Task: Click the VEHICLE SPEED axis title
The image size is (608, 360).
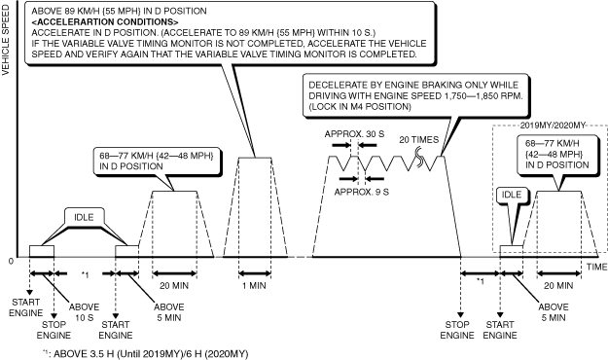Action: tap(6, 40)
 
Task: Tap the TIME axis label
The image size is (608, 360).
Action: tap(596, 267)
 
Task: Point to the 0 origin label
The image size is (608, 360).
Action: tap(11, 261)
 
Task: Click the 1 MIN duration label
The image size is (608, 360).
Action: tap(254, 285)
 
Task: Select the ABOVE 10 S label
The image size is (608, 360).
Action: tap(84, 312)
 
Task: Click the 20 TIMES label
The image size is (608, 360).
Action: tap(418, 140)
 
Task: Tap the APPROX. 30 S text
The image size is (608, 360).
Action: tap(354, 134)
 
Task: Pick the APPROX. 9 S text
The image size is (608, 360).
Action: tap(361, 192)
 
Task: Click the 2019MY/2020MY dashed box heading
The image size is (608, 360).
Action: tap(553, 126)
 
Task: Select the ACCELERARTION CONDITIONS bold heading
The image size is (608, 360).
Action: tap(105, 21)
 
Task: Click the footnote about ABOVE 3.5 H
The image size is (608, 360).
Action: tap(146, 354)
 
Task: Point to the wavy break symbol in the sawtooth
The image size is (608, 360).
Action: tap(419, 160)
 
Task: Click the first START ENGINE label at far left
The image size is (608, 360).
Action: tap(26, 307)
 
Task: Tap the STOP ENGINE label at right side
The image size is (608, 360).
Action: tap(457, 330)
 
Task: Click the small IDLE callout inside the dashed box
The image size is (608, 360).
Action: tap(512, 195)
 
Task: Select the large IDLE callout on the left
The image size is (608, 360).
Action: tap(84, 217)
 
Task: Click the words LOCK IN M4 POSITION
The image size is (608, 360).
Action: tap(360, 107)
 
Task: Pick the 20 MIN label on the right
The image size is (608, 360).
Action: tap(558, 285)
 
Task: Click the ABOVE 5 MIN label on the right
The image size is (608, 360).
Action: tap(554, 312)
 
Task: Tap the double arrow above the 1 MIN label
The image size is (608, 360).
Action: tap(255, 273)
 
